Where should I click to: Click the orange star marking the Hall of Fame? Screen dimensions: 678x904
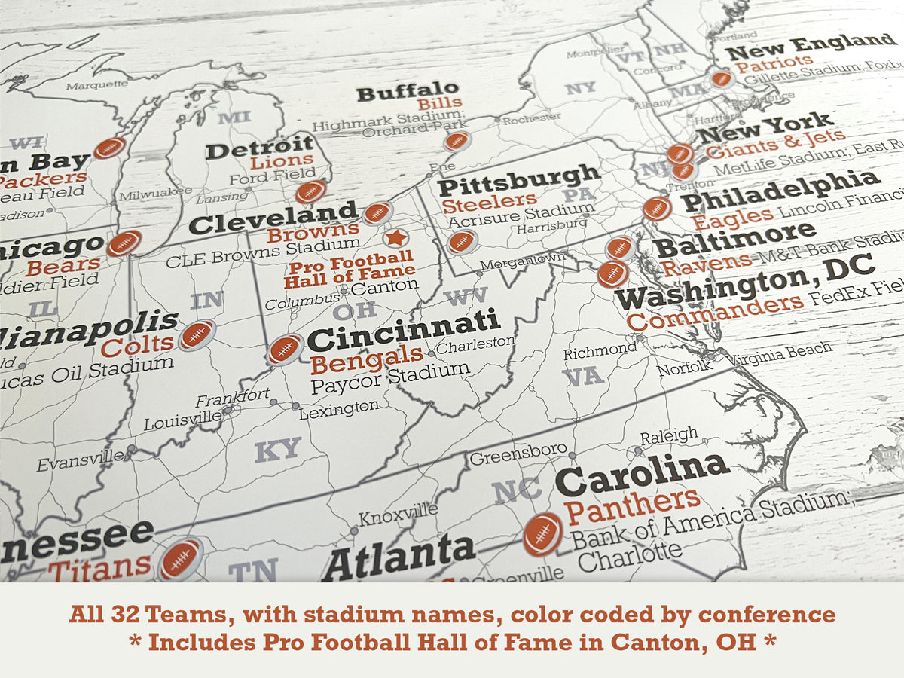(x=395, y=238)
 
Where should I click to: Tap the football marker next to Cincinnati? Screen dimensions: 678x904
(x=286, y=349)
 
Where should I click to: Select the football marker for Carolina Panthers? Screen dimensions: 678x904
(x=542, y=534)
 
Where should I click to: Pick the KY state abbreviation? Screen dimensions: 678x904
(x=278, y=450)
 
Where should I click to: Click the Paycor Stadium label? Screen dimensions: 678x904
(x=390, y=377)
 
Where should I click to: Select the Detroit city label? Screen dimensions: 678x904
(x=260, y=148)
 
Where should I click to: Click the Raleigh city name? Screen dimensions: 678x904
(x=669, y=435)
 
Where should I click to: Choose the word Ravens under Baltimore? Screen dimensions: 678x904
(x=706, y=264)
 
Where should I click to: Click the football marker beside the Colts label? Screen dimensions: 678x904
(x=197, y=334)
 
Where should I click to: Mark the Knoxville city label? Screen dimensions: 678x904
(x=398, y=515)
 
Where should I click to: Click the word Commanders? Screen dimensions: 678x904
(x=714, y=313)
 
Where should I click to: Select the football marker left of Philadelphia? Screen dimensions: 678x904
(x=657, y=208)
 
